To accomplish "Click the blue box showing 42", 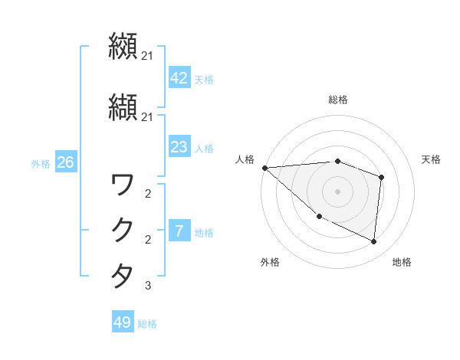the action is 179,78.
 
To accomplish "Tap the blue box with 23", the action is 179,147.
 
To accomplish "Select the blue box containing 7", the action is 179,231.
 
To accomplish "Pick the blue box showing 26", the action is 65,162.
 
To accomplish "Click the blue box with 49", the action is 123,322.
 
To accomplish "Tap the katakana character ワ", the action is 122,185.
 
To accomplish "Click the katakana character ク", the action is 122,229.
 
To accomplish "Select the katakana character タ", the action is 122,274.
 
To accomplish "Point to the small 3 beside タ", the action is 147,286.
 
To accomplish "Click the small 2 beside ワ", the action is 147,194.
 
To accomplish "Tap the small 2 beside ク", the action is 147,240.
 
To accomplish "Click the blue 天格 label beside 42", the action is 204,79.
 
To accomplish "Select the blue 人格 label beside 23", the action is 204,148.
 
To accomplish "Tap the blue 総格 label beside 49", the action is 147,324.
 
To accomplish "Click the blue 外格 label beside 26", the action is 41,163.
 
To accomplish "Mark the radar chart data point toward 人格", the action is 264,168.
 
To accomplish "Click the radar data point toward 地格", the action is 373,241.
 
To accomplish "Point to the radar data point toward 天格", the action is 381,177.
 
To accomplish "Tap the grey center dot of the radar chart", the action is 337,191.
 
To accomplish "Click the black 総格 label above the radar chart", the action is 337,100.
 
